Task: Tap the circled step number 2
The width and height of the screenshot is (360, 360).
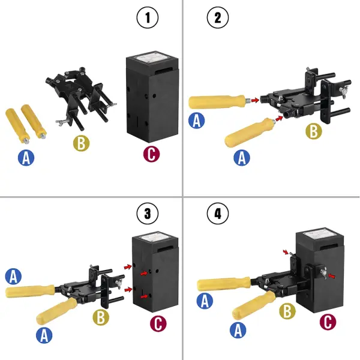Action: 217,18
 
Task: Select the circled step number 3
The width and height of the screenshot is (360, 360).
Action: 148,212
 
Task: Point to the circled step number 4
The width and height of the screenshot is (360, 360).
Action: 217,212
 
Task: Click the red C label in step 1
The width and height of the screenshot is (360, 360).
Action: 152,153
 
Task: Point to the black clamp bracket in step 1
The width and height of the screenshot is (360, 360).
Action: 78,96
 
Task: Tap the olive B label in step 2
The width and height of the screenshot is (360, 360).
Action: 313,131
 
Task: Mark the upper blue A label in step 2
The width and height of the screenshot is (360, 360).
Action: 196,120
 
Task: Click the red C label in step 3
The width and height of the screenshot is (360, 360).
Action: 158,323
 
